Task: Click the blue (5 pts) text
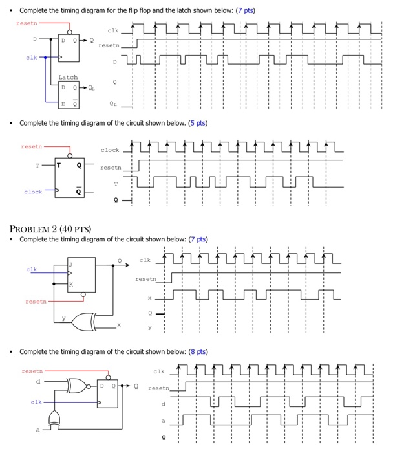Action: tap(196, 123)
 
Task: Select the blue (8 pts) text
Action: tap(196, 351)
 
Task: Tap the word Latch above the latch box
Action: tap(68, 77)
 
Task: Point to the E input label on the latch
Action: tap(63, 103)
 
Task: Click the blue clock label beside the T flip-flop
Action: tap(33, 192)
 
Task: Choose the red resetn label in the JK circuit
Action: tap(36, 301)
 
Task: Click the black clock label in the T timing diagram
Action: tap(110, 150)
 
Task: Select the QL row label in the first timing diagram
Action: tap(114, 102)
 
